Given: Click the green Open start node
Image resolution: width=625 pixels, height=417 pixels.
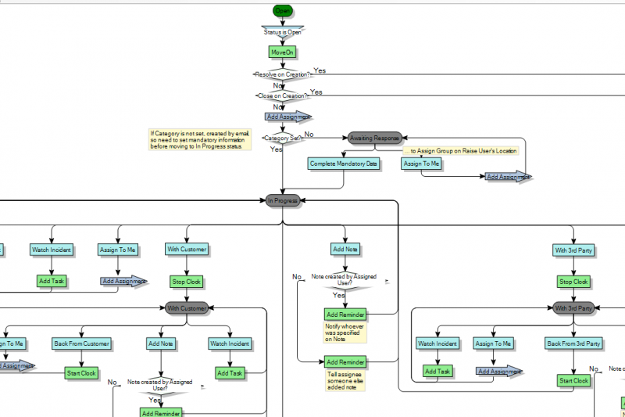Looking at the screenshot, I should point(282,10).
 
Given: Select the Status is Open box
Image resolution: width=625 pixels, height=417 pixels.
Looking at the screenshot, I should point(282,32).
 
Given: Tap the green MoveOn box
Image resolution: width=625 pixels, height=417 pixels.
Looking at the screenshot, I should point(282,52).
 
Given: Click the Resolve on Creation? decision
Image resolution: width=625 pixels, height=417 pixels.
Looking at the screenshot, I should point(282,74).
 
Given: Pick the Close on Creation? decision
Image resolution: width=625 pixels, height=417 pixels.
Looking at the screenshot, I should point(282,95).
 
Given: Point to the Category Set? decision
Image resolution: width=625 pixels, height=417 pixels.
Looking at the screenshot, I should point(282,138).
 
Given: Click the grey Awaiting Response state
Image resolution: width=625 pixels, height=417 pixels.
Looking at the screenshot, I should point(375,138).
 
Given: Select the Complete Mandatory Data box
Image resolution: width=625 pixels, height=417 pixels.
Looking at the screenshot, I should point(344,164).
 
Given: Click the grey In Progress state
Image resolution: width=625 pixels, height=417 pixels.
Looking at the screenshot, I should point(282,201).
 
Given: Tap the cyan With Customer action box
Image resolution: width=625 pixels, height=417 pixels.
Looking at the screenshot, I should point(187,250).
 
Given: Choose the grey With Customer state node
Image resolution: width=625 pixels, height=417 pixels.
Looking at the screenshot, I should point(187,308).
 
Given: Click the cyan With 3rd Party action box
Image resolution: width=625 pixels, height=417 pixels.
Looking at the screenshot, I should point(573,250).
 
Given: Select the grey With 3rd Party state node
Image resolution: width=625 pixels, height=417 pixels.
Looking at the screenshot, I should point(573,308).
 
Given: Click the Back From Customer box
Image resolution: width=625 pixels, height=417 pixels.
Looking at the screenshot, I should point(82,343).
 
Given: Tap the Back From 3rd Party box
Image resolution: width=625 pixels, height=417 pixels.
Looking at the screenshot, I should point(573,343).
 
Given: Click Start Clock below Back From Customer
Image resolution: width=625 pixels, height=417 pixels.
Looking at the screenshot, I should point(82,373).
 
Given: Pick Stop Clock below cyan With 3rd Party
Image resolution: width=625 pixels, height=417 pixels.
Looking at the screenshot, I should point(573,282).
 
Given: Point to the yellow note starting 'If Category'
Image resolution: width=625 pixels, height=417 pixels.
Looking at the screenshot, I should point(200,139).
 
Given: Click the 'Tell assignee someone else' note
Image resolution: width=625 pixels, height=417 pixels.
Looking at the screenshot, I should point(345,381).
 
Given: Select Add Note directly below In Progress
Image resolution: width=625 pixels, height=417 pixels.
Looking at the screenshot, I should point(345,250).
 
